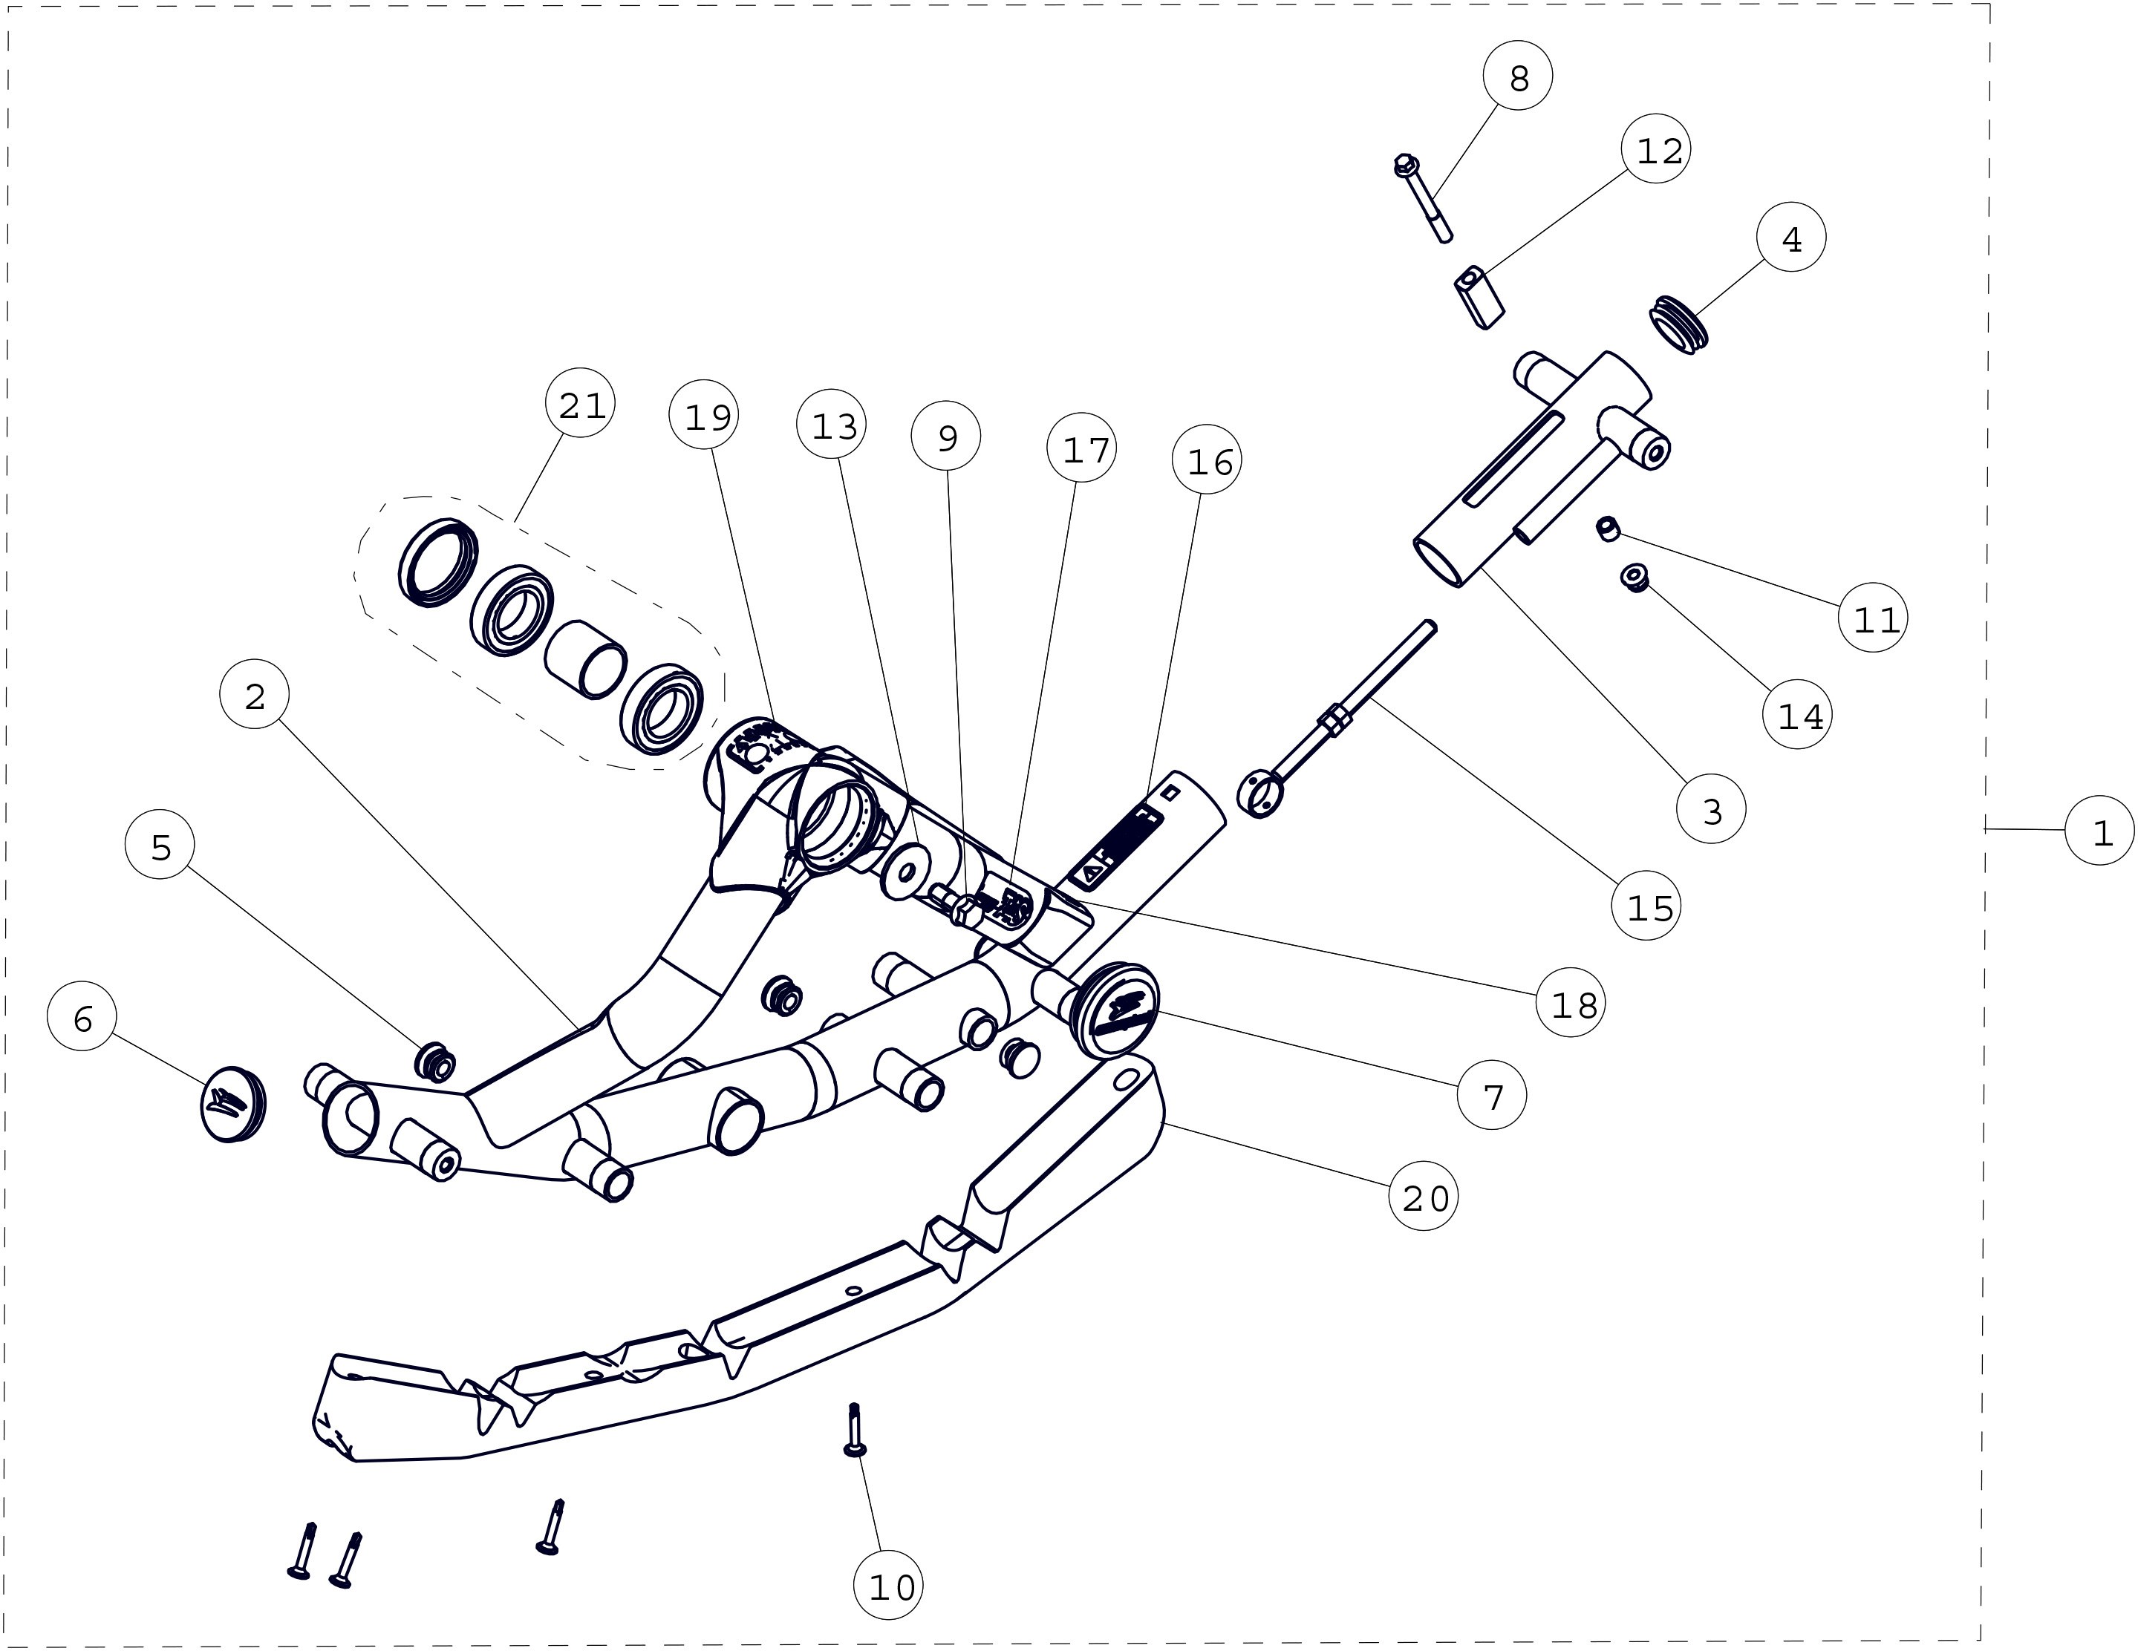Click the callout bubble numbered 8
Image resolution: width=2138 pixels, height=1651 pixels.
pyautogui.click(x=1517, y=76)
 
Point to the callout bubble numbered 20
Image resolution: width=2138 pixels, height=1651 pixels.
pyautogui.click(x=1424, y=1196)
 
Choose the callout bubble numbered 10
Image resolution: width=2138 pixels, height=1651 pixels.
pyautogui.click(x=889, y=1586)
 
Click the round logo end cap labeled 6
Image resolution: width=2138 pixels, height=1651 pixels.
pyautogui.click(x=233, y=1104)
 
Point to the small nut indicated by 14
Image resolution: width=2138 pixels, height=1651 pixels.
pyautogui.click(x=1634, y=578)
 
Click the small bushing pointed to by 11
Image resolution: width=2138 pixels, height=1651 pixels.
pyautogui.click(x=1606, y=529)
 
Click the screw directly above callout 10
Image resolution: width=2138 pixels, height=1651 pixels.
pyautogui.click(x=853, y=1430)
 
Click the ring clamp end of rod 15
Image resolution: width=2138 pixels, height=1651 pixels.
pyautogui.click(x=1260, y=794)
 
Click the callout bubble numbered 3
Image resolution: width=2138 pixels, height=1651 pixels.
pyautogui.click(x=1710, y=809)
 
